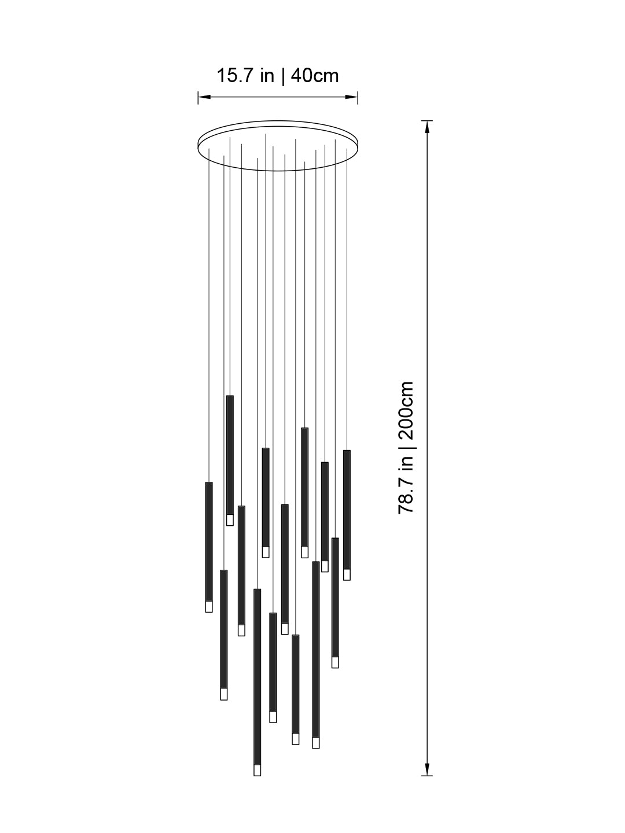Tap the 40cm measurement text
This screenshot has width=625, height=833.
coord(315,76)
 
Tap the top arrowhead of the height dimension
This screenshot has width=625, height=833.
coord(427,125)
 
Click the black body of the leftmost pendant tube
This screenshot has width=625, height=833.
coord(209,541)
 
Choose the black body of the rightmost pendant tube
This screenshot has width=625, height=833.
coord(347,509)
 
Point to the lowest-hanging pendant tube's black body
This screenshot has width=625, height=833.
coord(257,677)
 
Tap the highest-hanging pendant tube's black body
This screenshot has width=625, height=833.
coord(230,455)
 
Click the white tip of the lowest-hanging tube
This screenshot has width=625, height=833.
coord(257,770)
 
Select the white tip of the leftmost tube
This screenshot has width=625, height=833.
coord(209,606)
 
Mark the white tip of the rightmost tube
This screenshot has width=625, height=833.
coord(347,574)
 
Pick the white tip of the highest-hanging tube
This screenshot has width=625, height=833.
coord(230,520)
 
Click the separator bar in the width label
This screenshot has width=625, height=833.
coord(282,76)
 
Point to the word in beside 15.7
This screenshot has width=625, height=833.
coord(267,76)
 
